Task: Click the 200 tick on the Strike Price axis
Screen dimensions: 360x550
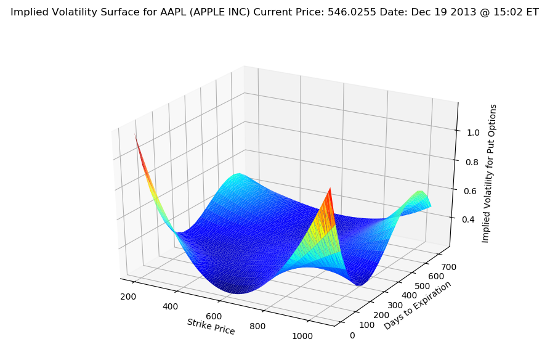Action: tap(128, 297)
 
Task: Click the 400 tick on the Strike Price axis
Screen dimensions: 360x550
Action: tap(171, 306)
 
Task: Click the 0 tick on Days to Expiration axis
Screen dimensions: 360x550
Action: tap(352, 335)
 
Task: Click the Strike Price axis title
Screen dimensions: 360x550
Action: tap(211, 327)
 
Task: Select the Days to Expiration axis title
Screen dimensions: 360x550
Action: tap(418, 305)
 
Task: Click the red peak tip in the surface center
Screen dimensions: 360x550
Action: tap(331, 188)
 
